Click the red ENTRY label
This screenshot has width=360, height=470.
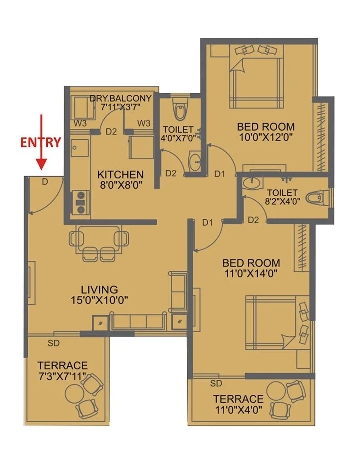tap(40, 142)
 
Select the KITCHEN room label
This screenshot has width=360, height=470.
tap(120, 174)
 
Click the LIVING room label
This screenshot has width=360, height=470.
tap(99, 289)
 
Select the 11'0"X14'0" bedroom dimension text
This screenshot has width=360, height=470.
tap(250, 273)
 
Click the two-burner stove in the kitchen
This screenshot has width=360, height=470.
tap(81, 202)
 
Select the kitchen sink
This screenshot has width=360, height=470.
tap(76, 148)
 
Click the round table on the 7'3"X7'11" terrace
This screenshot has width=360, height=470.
tap(74, 392)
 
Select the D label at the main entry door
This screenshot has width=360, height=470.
tap(45, 182)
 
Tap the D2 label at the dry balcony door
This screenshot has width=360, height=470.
tap(111, 132)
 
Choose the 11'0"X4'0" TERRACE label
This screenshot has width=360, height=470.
tap(238, 399)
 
